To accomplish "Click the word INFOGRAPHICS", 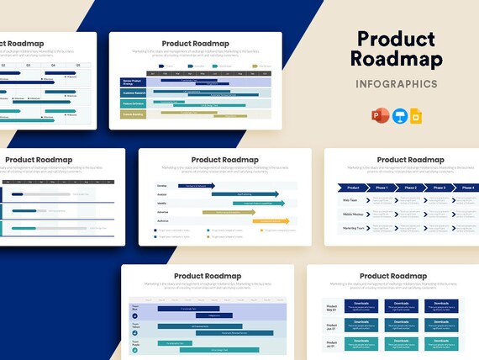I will coord(396,84).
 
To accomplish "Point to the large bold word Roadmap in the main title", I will coord(396,59).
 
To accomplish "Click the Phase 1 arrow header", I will coord(382,188).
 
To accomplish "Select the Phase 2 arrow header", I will coord(410,188).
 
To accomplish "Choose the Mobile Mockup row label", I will coord(352,214).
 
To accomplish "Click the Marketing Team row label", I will coord(352,228).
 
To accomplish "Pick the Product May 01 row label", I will coord(331,307).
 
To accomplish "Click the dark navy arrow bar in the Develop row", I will coord(195,186).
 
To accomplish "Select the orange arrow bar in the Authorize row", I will coord(271,220).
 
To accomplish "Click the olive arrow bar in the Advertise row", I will coord(229,212).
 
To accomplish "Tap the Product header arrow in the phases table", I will coord(352,188).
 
